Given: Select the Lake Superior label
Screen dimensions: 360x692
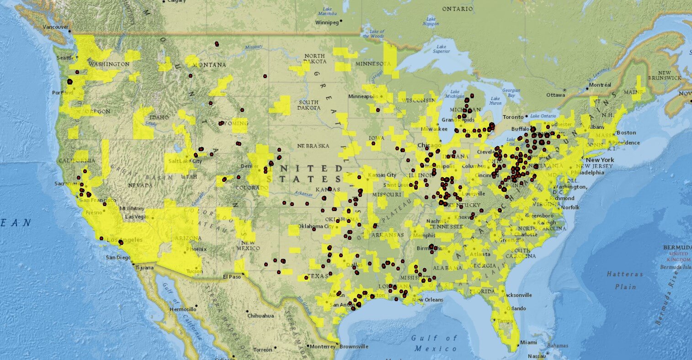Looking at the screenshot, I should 441,49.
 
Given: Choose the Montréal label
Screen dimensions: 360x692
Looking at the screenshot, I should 601,85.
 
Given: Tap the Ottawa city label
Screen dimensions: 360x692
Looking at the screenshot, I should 556,95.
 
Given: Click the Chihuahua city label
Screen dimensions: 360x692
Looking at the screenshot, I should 261,316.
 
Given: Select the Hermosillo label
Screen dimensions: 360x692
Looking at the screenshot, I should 182,309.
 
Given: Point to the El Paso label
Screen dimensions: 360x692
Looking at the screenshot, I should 231,277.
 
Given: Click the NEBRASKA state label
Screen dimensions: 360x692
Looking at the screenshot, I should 313,146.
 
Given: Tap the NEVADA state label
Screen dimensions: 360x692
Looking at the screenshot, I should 140,185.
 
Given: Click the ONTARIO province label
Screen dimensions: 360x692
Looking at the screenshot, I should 457,9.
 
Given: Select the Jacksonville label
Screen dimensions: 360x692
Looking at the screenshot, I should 518,295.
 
